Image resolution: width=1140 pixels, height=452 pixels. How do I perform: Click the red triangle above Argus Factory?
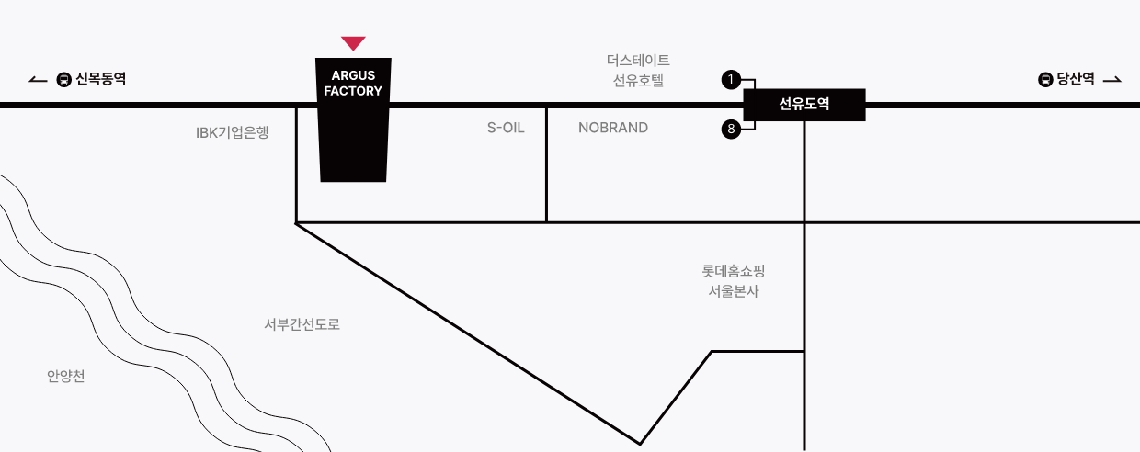(353, 42)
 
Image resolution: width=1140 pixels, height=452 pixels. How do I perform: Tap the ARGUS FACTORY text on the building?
(353, 84)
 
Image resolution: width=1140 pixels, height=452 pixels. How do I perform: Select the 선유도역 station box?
(804, 104)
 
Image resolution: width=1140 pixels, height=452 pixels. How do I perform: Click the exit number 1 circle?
(731, 79)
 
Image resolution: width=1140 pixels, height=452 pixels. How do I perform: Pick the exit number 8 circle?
(731, 129)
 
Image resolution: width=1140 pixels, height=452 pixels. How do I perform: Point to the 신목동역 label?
(101, 79)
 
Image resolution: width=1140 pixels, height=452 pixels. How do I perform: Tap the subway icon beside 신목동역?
(63, 79)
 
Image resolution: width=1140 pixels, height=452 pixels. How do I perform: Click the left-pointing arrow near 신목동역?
(38, 80)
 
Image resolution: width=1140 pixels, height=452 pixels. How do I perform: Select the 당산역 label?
(1076, 79)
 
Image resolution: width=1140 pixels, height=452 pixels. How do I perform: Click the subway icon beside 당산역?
(1045, 79)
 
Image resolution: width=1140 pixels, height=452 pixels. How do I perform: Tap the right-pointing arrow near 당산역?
(1112, 80)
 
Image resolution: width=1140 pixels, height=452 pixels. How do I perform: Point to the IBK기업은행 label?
(232, 132)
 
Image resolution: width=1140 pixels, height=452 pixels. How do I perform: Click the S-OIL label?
(506, 128)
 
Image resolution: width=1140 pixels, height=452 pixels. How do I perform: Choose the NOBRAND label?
(612, 128)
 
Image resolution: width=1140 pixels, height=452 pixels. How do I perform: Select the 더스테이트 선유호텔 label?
(638, 70)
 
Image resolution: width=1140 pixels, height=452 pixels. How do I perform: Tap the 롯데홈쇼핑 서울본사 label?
(734, 280)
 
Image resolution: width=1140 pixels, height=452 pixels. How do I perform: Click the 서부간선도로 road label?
(302, 324)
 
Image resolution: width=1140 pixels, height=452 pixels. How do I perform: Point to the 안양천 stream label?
(65, 376)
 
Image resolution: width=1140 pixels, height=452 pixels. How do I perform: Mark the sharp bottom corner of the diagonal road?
(640, 444)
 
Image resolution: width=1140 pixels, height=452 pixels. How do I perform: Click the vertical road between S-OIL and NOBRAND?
(547, 164)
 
